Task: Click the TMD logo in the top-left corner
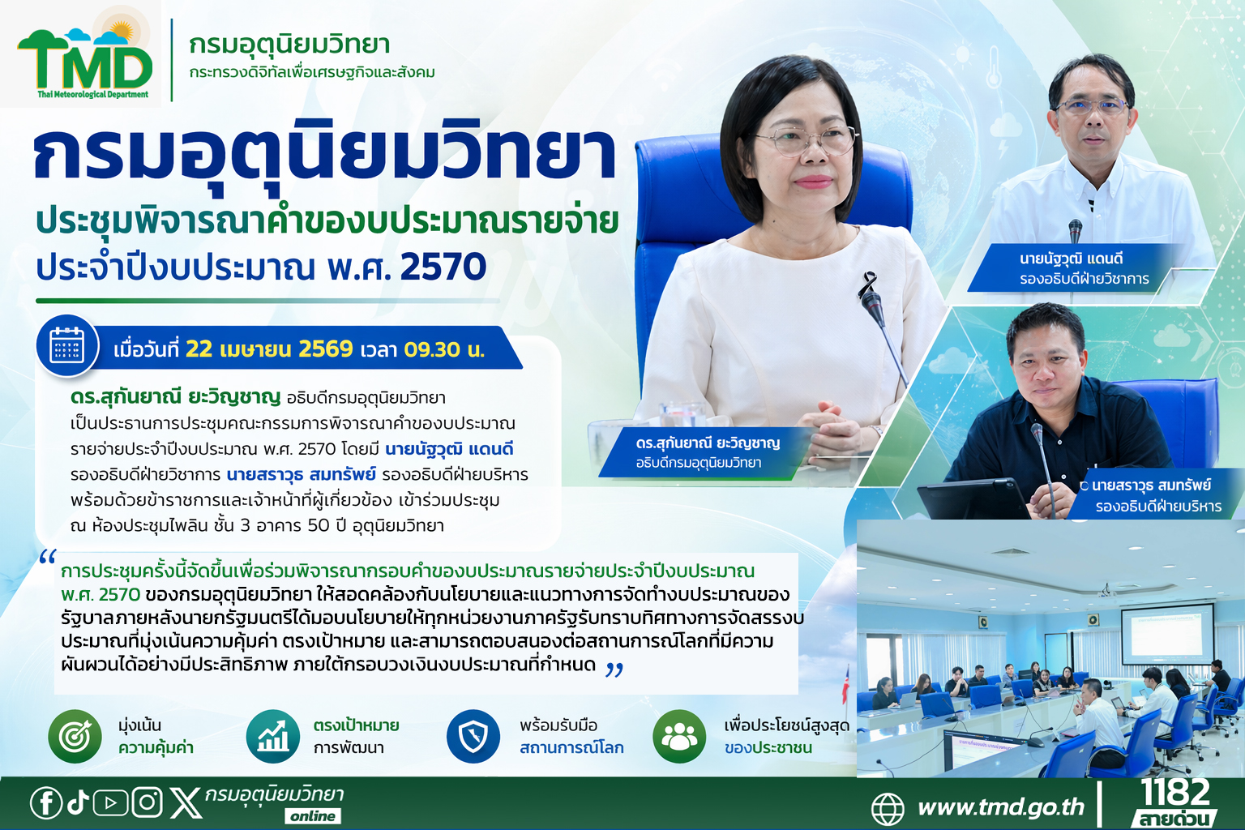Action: click(84, 60)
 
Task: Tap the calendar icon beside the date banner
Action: click(67, 345)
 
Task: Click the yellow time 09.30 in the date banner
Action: click(432, 349)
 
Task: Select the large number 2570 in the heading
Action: click(443, 267)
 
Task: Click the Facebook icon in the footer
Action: click(45, 802)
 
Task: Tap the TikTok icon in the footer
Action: click(79, 802)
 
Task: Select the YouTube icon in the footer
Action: click(110, 803)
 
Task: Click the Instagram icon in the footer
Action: click(147, 802)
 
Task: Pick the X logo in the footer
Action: click(186, 803)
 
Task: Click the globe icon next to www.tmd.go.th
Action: click(888, 808)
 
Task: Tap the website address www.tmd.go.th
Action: click(1001, 807)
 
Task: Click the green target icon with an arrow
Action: click(75, 736)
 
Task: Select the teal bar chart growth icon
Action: click(273, 736)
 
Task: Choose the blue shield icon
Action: click(473, 736)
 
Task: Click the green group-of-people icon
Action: click(679, 736)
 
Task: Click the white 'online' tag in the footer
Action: click(313, 816)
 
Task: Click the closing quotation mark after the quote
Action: click(614, 670)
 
